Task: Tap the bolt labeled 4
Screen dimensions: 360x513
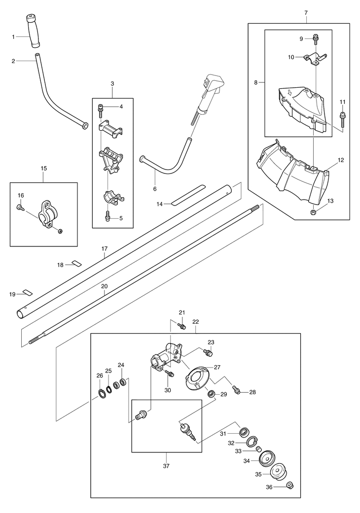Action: pos(101,111)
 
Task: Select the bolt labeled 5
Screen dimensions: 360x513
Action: pos(108,216)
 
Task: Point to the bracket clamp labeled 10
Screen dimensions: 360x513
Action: pos(315,59)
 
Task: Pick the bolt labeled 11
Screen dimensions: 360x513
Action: pos(343,119)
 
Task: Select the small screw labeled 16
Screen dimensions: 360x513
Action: pos(20,207)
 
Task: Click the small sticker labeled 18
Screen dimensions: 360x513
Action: pos(77,263)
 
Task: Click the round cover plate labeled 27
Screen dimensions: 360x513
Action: pos(199,378)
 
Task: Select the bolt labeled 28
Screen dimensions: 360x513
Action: pos(236,389)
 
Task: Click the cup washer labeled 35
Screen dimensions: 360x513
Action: pos(279,473)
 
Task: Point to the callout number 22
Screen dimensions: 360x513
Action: pos(195,322)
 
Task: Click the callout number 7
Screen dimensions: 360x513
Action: pos(306,13)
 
